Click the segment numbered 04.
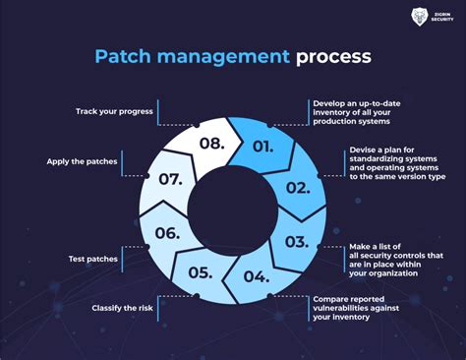click(256, 275)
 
